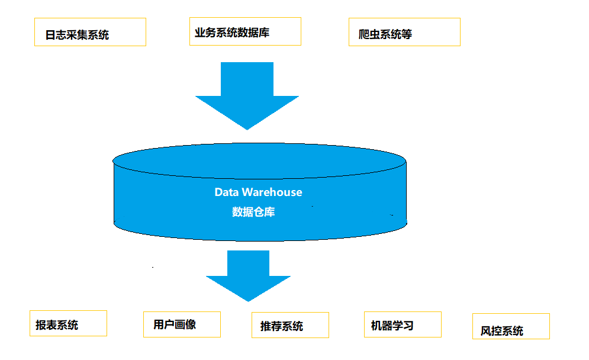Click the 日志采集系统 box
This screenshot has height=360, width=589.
90,32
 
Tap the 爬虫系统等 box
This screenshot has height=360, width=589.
404,32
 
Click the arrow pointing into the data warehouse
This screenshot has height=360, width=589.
247,95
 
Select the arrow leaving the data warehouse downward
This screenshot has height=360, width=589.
248,275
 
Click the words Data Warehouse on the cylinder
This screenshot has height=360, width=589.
258,192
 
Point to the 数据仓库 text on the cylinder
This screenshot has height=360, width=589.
253,212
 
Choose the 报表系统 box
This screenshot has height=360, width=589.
68,323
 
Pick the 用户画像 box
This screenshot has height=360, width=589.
182,324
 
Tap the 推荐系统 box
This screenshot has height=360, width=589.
290,325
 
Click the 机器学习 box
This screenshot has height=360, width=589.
403,324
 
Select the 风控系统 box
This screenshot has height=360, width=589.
511,327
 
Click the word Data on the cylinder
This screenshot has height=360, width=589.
226,192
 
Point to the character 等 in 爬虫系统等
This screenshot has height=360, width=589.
406,34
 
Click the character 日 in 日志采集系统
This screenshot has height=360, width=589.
51,35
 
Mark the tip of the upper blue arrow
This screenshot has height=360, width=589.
247,128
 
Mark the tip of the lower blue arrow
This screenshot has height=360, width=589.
248,300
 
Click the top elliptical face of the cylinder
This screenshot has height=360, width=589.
259,160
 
